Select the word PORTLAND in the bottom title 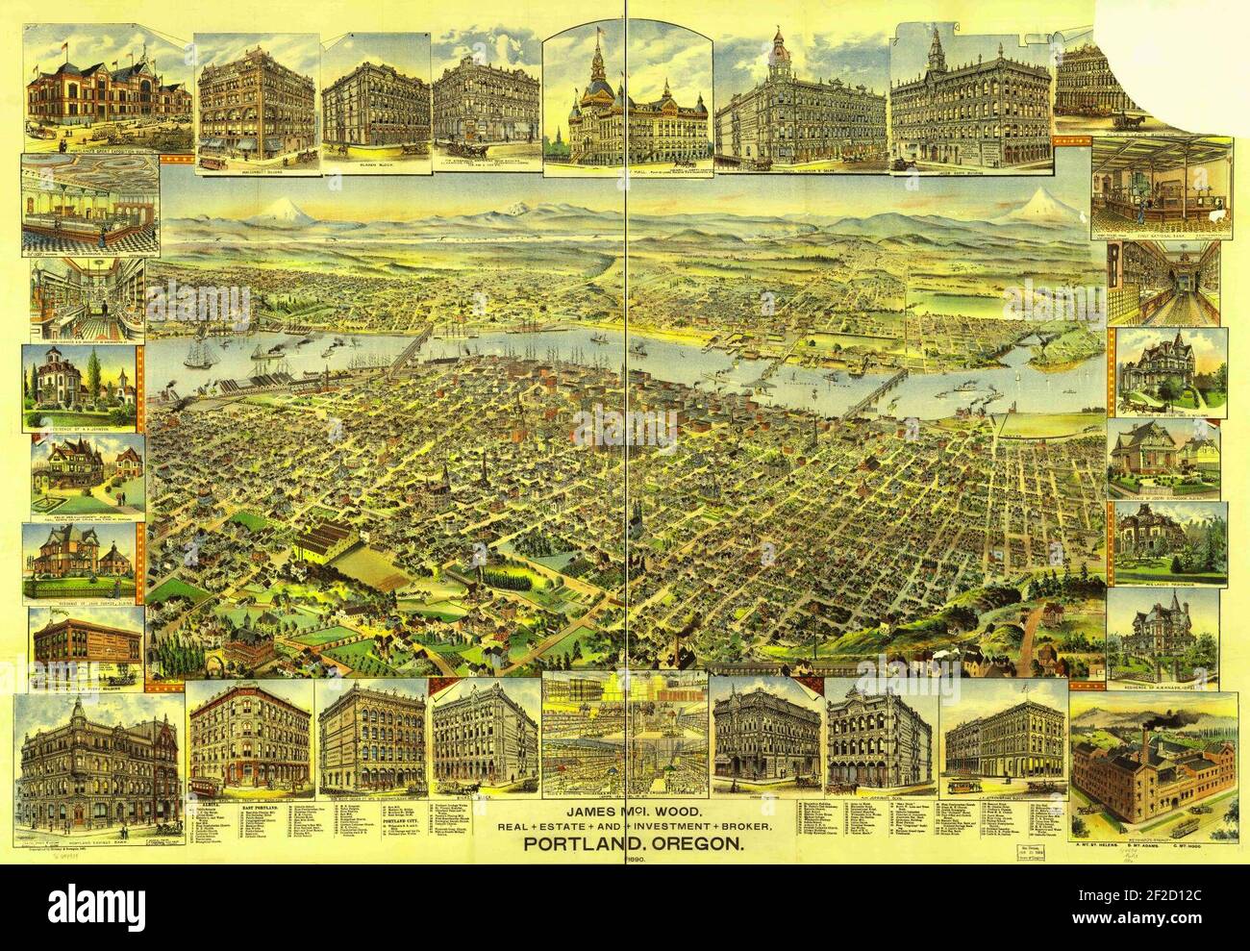point(573,844)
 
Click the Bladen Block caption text point(374,164)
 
